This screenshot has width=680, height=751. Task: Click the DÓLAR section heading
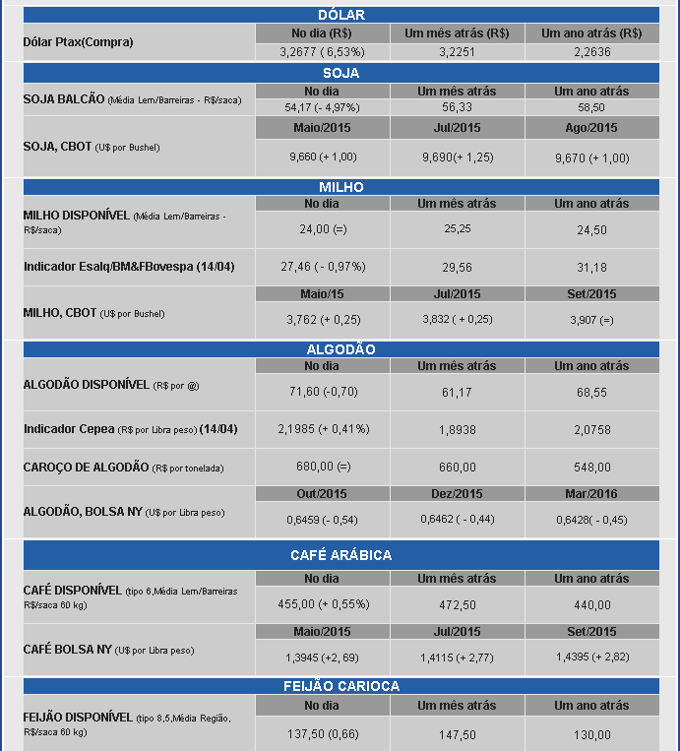pyautogui.click(x=341, y=15)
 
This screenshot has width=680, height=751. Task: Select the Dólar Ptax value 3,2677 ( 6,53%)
pyautogui.click(x=323, y=51)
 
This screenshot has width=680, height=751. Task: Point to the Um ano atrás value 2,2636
pyautogui.click(x=591, y=51)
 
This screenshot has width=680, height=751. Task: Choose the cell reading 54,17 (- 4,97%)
pyautogui.click(x=323, y=107)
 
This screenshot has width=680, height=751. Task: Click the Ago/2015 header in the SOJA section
pyautogui.click(x=591, y=128)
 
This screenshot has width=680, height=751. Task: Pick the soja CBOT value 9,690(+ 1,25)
pyautogui.click(x=457, y=157)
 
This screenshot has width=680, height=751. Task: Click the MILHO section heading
pyautogui.click(x=341, y=187)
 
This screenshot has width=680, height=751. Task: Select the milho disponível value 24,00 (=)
pyautogui.click(x=323, y=229)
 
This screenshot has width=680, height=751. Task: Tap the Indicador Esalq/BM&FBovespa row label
pyautogui.click(x=129, y=267)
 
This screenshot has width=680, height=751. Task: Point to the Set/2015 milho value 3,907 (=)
pyautogui.click(x=591, y=320)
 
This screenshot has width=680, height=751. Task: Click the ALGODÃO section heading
pyautogui.click(x=341, y=349)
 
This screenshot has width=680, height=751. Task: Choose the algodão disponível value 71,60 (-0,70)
pyautogui.click(x=323, y=392)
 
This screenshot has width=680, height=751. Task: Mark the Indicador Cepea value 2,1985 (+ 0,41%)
pyautogui.click(x=323, y=429)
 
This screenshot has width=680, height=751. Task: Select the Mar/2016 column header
pyautogui.click(x=591, y=494)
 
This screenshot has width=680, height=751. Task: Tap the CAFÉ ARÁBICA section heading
pyautogui.click(x=341, y=555)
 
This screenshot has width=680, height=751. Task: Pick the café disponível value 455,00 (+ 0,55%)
pyautogui.click(x=323, y=605)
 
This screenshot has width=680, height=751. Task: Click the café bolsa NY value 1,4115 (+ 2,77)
pyautogui.click(x=457, y=657)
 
